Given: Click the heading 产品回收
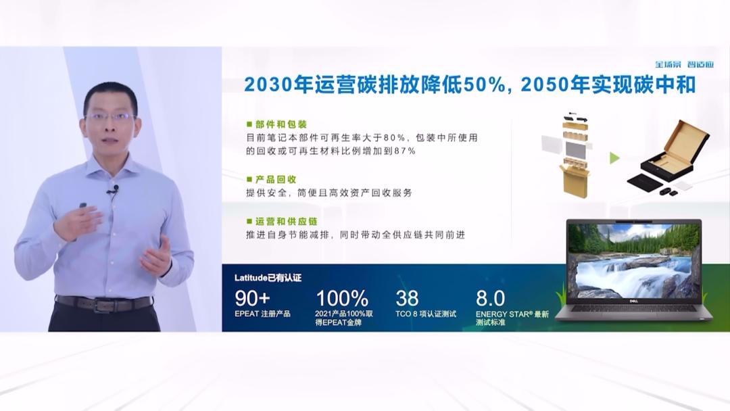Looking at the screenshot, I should click(x=275, y=179).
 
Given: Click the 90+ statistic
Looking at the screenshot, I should click(x=253, y=297).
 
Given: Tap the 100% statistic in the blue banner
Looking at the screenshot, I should click(x=342, y=297).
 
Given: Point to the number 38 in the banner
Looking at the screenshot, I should click(x=408, y=297).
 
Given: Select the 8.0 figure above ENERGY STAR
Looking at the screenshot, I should click(x=491, y=297).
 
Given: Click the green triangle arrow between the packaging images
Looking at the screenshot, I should click(x=614, y=158).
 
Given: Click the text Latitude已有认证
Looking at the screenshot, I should click(x=268, y=277).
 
